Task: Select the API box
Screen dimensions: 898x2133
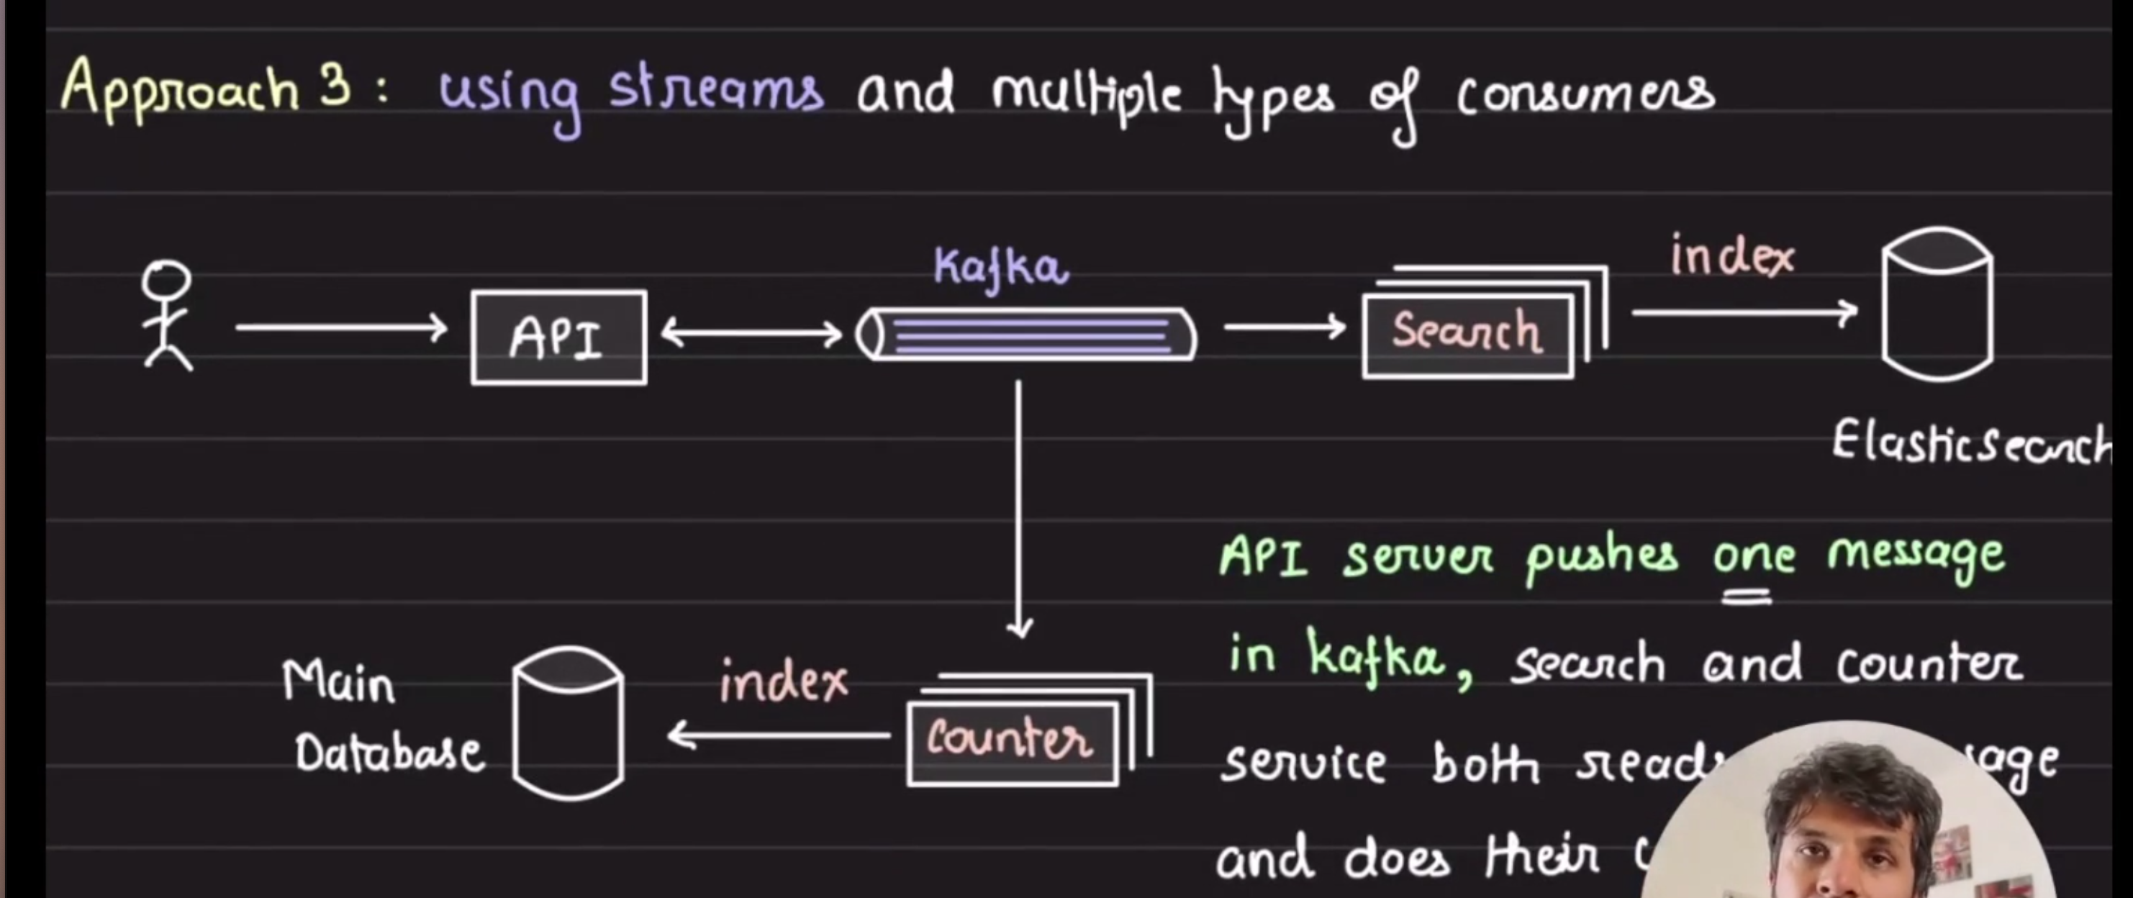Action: coord(559,337)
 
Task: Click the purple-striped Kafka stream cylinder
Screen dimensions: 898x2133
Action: coord(1027,335)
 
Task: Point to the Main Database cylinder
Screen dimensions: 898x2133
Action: coord(568,723)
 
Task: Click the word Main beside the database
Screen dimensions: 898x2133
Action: coord(338,684)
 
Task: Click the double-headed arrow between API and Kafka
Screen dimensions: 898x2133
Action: coord(751,335)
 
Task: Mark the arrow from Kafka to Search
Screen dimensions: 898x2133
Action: coord(1285,327)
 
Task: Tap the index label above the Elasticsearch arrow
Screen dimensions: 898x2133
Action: coord(1731,257)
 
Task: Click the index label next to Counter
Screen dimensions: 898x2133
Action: coord(783,682)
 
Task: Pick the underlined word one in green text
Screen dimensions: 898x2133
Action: coord(1753,556)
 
